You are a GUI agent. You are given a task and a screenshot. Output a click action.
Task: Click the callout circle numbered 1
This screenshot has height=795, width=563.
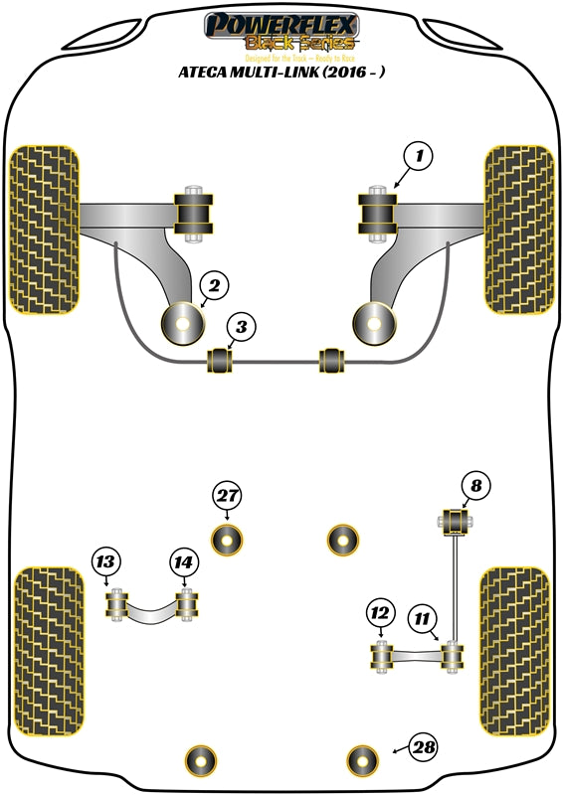pos(419,156)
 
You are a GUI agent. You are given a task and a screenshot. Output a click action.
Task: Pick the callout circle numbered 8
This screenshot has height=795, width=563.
pos(475,486)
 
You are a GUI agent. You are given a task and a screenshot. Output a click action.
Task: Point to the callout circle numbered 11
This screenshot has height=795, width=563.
pos(424,620)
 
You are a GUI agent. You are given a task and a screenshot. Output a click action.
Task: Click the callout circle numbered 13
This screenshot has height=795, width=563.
pos(105,562)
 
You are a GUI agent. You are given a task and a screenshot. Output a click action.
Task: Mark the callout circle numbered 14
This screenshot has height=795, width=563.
pos(182,562)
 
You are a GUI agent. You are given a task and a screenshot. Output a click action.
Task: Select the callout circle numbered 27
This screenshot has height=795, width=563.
pos(228,496)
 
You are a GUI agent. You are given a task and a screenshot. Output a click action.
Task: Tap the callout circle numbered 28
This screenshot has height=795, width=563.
pos(424,746)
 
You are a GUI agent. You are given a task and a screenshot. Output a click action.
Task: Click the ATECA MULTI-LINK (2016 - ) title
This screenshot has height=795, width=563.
pos(281,72)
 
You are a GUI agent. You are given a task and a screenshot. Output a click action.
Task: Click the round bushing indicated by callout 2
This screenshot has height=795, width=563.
pos(183,321)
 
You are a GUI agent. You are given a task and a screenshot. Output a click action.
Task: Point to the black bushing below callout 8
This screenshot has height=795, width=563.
pos(454,521)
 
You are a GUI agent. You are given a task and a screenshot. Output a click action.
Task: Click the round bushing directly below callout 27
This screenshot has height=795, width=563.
pos(229,540)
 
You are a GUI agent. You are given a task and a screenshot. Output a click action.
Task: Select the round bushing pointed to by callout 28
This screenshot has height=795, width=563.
pos(363,760)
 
